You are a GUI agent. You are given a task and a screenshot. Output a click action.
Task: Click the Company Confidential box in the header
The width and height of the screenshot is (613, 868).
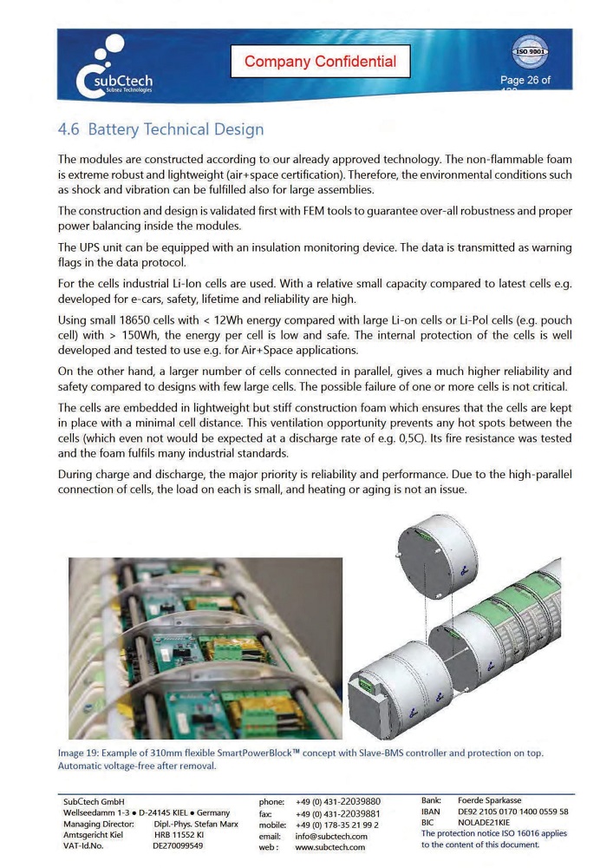pos(320,62)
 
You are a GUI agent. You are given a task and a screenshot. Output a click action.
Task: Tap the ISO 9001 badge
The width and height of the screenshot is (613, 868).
pos(530,50)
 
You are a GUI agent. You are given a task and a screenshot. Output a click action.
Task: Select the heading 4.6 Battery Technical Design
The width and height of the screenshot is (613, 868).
pos(160,129)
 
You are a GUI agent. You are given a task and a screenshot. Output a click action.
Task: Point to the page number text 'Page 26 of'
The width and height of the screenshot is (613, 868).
pos(525,81)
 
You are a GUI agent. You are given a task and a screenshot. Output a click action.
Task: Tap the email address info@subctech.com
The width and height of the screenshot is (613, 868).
pos(332,836)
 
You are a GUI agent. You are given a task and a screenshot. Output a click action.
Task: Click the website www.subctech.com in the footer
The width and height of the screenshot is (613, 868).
pos(330,847)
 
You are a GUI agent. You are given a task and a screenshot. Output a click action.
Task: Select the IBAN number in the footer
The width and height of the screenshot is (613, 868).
pos(513,812)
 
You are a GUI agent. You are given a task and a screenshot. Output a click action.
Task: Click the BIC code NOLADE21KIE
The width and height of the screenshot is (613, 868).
pos(484,822)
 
